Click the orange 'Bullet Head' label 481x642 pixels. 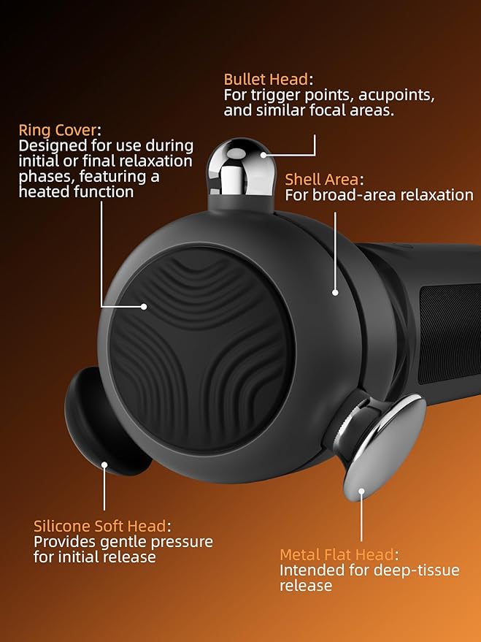(266, 79)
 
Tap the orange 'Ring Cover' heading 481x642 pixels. (58, 131)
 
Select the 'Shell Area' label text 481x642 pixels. (321, 180)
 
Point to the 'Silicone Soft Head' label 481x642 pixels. (100, 526)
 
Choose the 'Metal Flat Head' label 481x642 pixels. (336, 554)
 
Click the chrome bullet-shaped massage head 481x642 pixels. (238, 168)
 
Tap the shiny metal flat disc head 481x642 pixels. (384, 446)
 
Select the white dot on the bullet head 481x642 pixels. (263, 155)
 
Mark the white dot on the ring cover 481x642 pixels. (144, 306)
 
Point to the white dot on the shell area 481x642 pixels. (335, 292)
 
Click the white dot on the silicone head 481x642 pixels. (104, 465)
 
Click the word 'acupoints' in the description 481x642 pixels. (396, 95)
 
